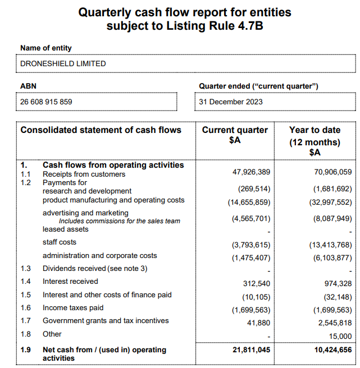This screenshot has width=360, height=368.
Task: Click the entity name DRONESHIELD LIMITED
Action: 63,63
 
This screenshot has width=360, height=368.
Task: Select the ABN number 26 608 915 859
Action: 46,102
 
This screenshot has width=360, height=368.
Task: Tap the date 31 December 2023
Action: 231,102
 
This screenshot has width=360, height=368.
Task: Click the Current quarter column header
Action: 235,135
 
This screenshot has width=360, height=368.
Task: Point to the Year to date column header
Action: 315,141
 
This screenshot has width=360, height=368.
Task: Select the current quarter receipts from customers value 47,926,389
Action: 252,172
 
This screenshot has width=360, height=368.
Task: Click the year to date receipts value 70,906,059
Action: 333,172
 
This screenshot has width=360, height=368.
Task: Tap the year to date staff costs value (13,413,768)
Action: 331,245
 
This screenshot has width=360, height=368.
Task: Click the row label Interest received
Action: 70,282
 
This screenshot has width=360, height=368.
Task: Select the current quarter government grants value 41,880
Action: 259,323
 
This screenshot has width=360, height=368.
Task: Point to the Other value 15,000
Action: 340,337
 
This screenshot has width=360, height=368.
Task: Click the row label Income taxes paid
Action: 73,308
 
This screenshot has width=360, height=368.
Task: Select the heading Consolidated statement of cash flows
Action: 101,130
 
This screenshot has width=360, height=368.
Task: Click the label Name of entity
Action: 46,48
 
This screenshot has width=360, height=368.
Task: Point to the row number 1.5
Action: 26,295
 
